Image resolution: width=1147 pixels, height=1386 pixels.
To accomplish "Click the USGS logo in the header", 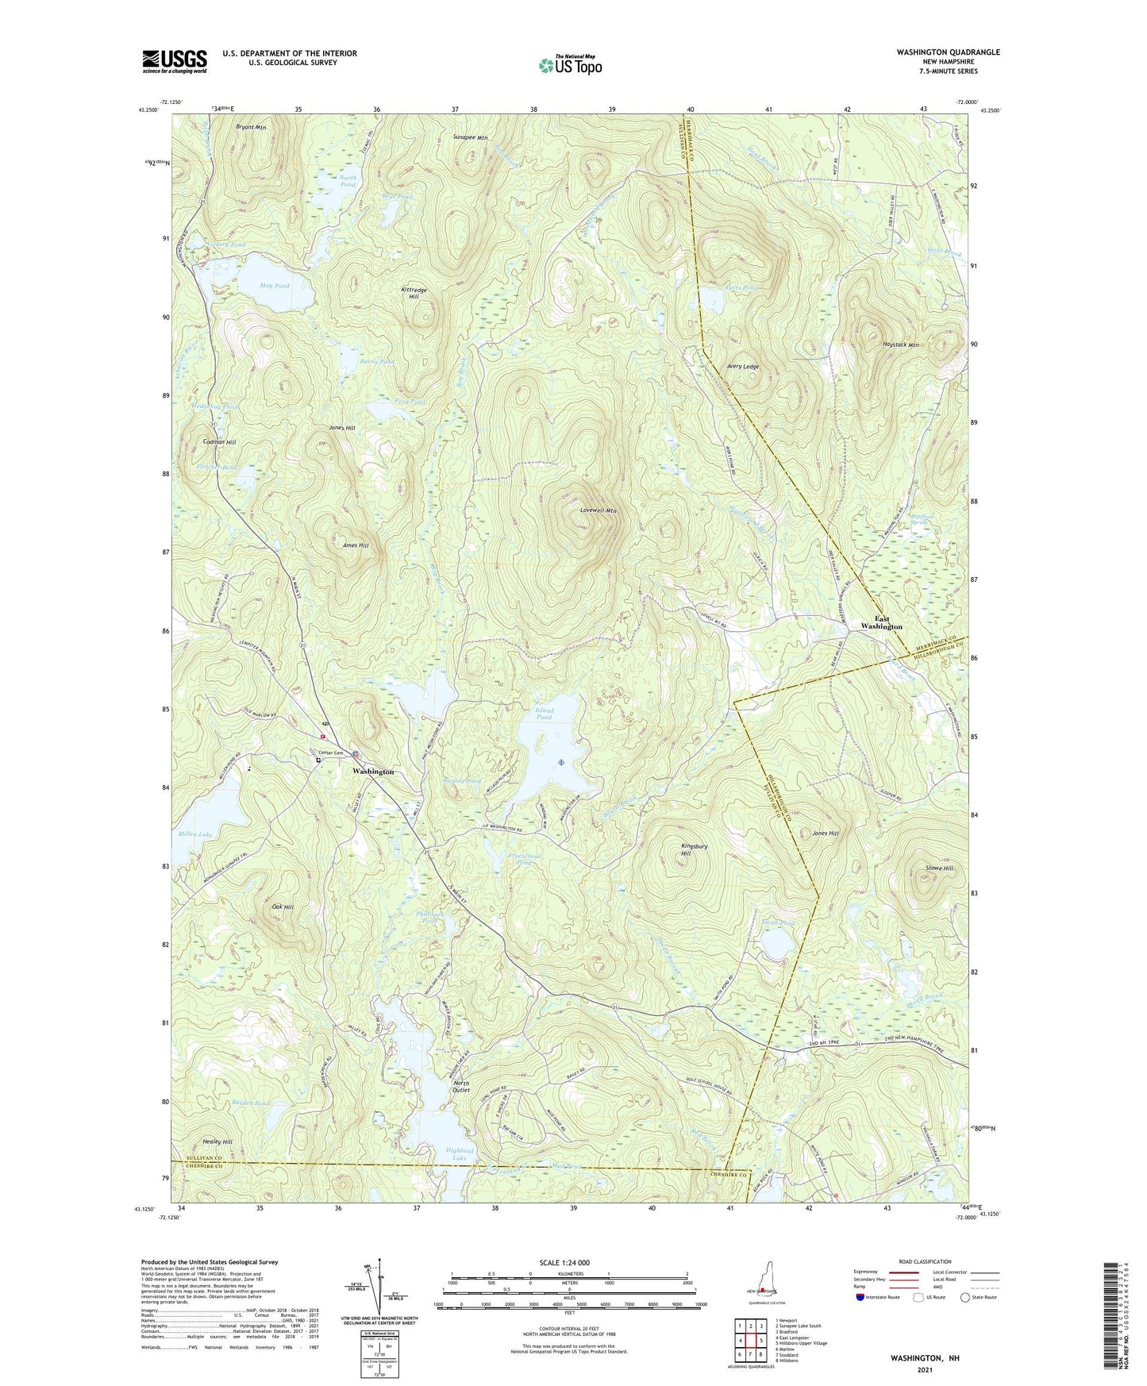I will pos(175,60).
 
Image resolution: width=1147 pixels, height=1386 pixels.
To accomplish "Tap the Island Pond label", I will pos(544,714).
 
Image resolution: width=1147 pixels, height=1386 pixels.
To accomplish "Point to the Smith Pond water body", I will pos(775,944).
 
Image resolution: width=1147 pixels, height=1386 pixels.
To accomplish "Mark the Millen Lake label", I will pos(195,834).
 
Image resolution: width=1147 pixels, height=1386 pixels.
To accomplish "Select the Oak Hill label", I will pos(283,907).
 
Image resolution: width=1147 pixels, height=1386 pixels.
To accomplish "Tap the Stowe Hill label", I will pos(939,868).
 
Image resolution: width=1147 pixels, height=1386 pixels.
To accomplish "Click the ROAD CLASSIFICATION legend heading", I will pos(925,1261).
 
